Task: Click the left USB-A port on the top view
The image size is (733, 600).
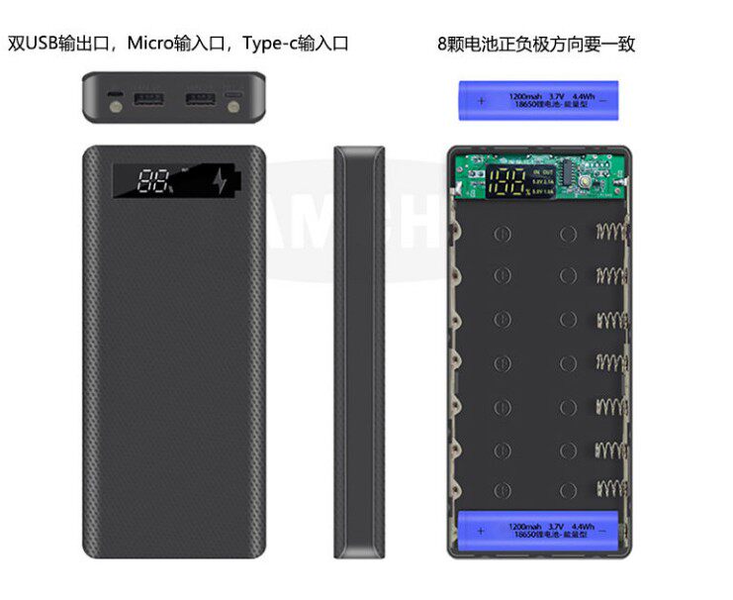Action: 150,100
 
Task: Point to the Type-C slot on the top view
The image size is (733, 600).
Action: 233,100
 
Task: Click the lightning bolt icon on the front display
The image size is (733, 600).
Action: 220,180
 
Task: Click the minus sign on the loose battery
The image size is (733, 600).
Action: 605,100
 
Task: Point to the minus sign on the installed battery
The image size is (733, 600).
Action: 608,531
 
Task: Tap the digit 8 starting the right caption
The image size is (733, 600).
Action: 441,45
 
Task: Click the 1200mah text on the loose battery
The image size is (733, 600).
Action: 523,96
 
